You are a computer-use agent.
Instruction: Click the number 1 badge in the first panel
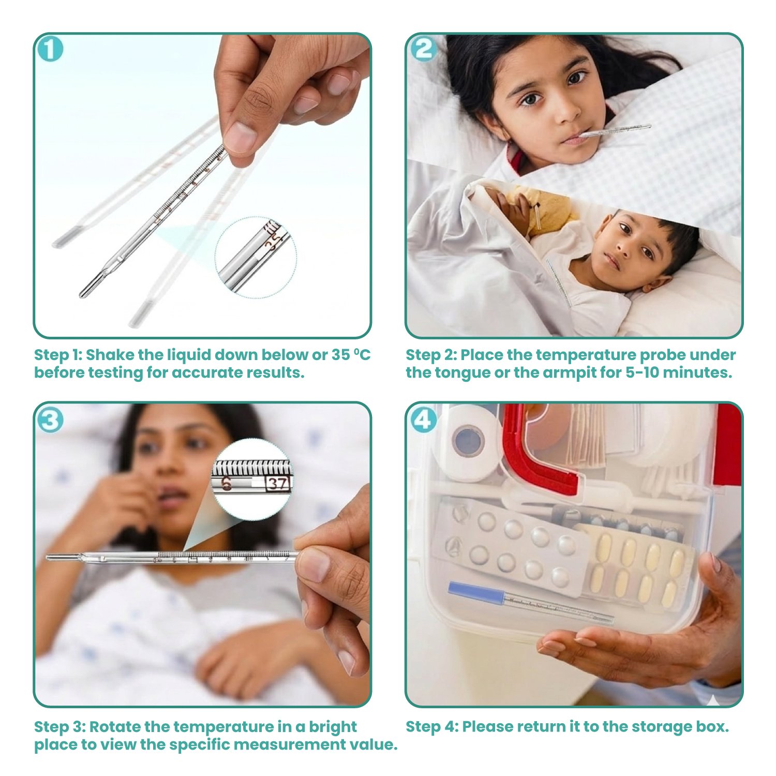click(x=50, y=50)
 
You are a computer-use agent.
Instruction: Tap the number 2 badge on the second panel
click(x=423, y=50)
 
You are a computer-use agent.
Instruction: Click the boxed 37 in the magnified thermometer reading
click(x=278, y=484)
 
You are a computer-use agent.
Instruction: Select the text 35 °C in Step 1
click(x=351, y=355)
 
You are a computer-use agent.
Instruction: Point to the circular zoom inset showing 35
click(x=256, y=258)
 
